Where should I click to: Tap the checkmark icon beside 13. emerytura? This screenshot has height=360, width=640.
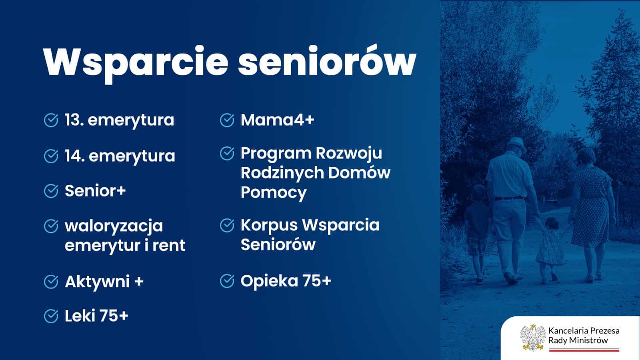pos(51,120)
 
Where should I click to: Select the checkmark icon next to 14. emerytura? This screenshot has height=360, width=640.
pos(51,156)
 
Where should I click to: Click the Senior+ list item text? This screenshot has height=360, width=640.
pos(96,190)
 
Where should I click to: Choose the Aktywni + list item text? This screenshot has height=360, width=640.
pos(104,282)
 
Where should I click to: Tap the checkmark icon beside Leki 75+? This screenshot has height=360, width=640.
pos(51,316)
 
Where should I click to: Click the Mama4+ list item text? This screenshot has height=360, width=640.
pos(278,120)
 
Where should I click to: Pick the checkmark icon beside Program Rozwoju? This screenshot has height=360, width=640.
pos(227,154)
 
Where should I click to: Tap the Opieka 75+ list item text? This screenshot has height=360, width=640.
pos(286,281)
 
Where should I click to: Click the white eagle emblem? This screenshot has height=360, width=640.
pos(533,338)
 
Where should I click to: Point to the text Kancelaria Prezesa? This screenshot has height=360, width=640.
pos(584,331)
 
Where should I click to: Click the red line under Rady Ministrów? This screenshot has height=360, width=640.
pos(584,350)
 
